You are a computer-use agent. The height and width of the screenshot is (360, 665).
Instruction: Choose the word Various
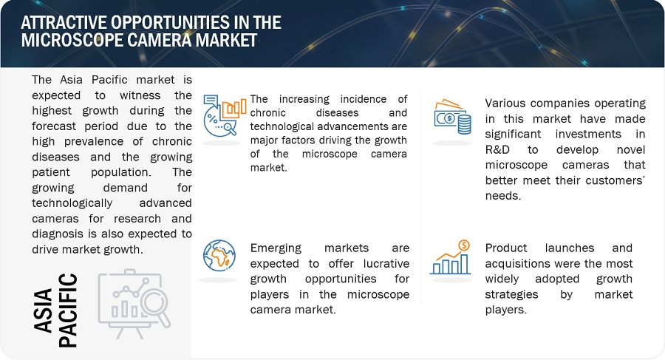508,103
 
